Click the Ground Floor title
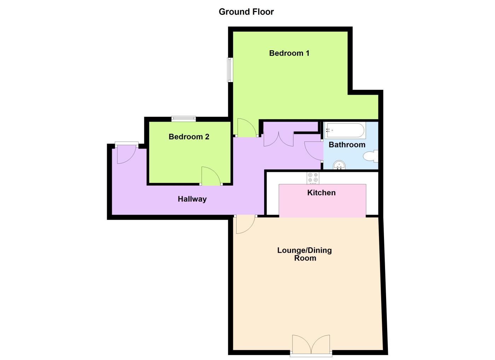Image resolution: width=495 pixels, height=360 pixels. pyautogui.click(x=246, y=12)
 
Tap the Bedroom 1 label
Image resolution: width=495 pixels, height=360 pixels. pyautogui.click(x=289, y=53)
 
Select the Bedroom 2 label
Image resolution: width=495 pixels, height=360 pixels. pyautogui.click(x=189, y=137)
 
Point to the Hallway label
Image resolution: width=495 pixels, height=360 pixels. pyautogui.click(x=192, y=199)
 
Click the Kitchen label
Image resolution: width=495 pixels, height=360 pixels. pyautogui.click(x=321, y=193)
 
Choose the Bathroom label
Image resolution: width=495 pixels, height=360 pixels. pyautogui.click(x=347, y=145)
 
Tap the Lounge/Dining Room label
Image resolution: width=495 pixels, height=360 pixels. pyautogui.click(x=304, y=254)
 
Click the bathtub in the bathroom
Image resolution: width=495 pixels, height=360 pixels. pyautogui.click(x=345, y=130)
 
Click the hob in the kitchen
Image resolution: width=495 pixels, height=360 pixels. pyautogui.click(x=313, y=178)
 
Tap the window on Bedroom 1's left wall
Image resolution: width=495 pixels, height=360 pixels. pyautogui.click(x=229, y=70)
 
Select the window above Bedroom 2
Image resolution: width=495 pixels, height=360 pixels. pyautogui.click(x=184, y=119)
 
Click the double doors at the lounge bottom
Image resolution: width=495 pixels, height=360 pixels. pyautogui.click(x=311, y=345)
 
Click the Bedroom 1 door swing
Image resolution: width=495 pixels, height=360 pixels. pyautogui.click(x=246, y=128)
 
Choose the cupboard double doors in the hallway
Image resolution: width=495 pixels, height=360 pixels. pyautogui.click(x=279, y=139)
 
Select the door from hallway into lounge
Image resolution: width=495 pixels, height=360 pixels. pyautogui.click(x=245, y=224)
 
